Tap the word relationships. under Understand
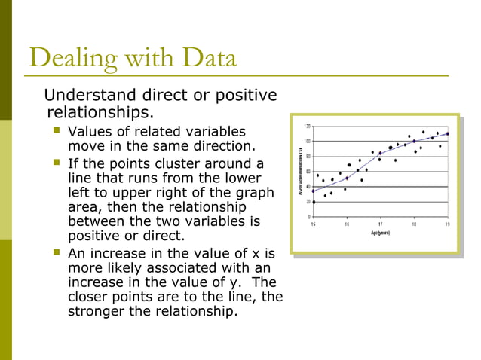100,113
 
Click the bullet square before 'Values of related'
56,131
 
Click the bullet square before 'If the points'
56,163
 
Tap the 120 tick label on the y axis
307,126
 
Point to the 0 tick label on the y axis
309,217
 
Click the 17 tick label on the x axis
380,224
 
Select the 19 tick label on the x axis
447,224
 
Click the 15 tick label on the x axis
313,224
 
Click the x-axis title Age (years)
379,233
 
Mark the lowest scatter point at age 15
314,202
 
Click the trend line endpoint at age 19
447,133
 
